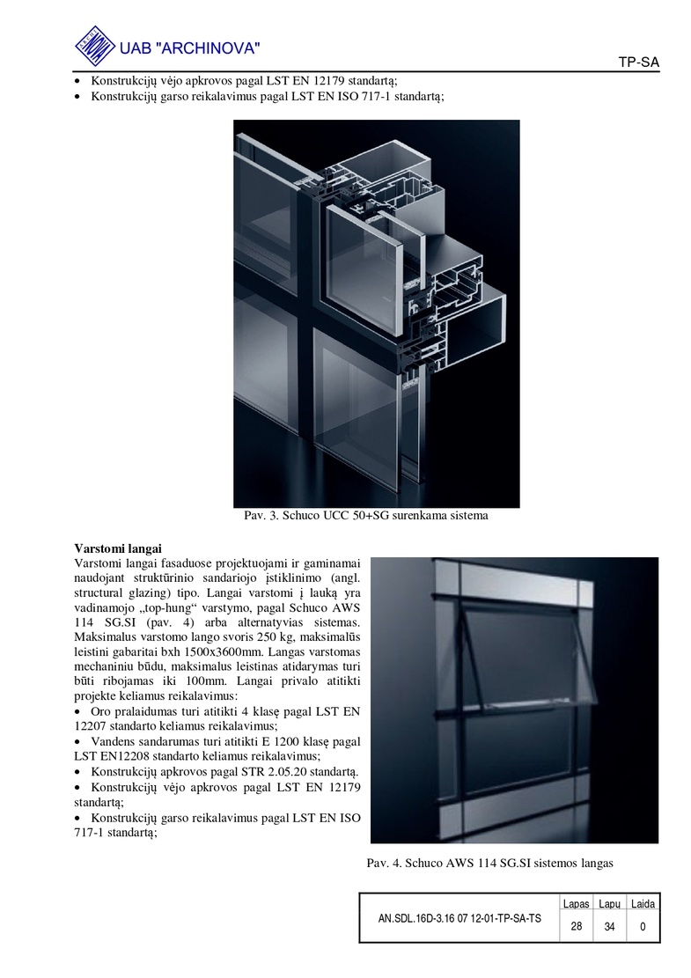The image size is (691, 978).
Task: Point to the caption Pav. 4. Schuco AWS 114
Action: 489,863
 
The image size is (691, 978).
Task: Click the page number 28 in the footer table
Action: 576,927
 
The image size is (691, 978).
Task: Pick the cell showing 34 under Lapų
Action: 609,927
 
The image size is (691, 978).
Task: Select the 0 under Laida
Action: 643,927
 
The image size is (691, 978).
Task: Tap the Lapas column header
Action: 576,904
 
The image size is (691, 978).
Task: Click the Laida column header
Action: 643,904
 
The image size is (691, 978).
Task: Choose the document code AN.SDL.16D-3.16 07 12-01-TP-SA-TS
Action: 459,918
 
